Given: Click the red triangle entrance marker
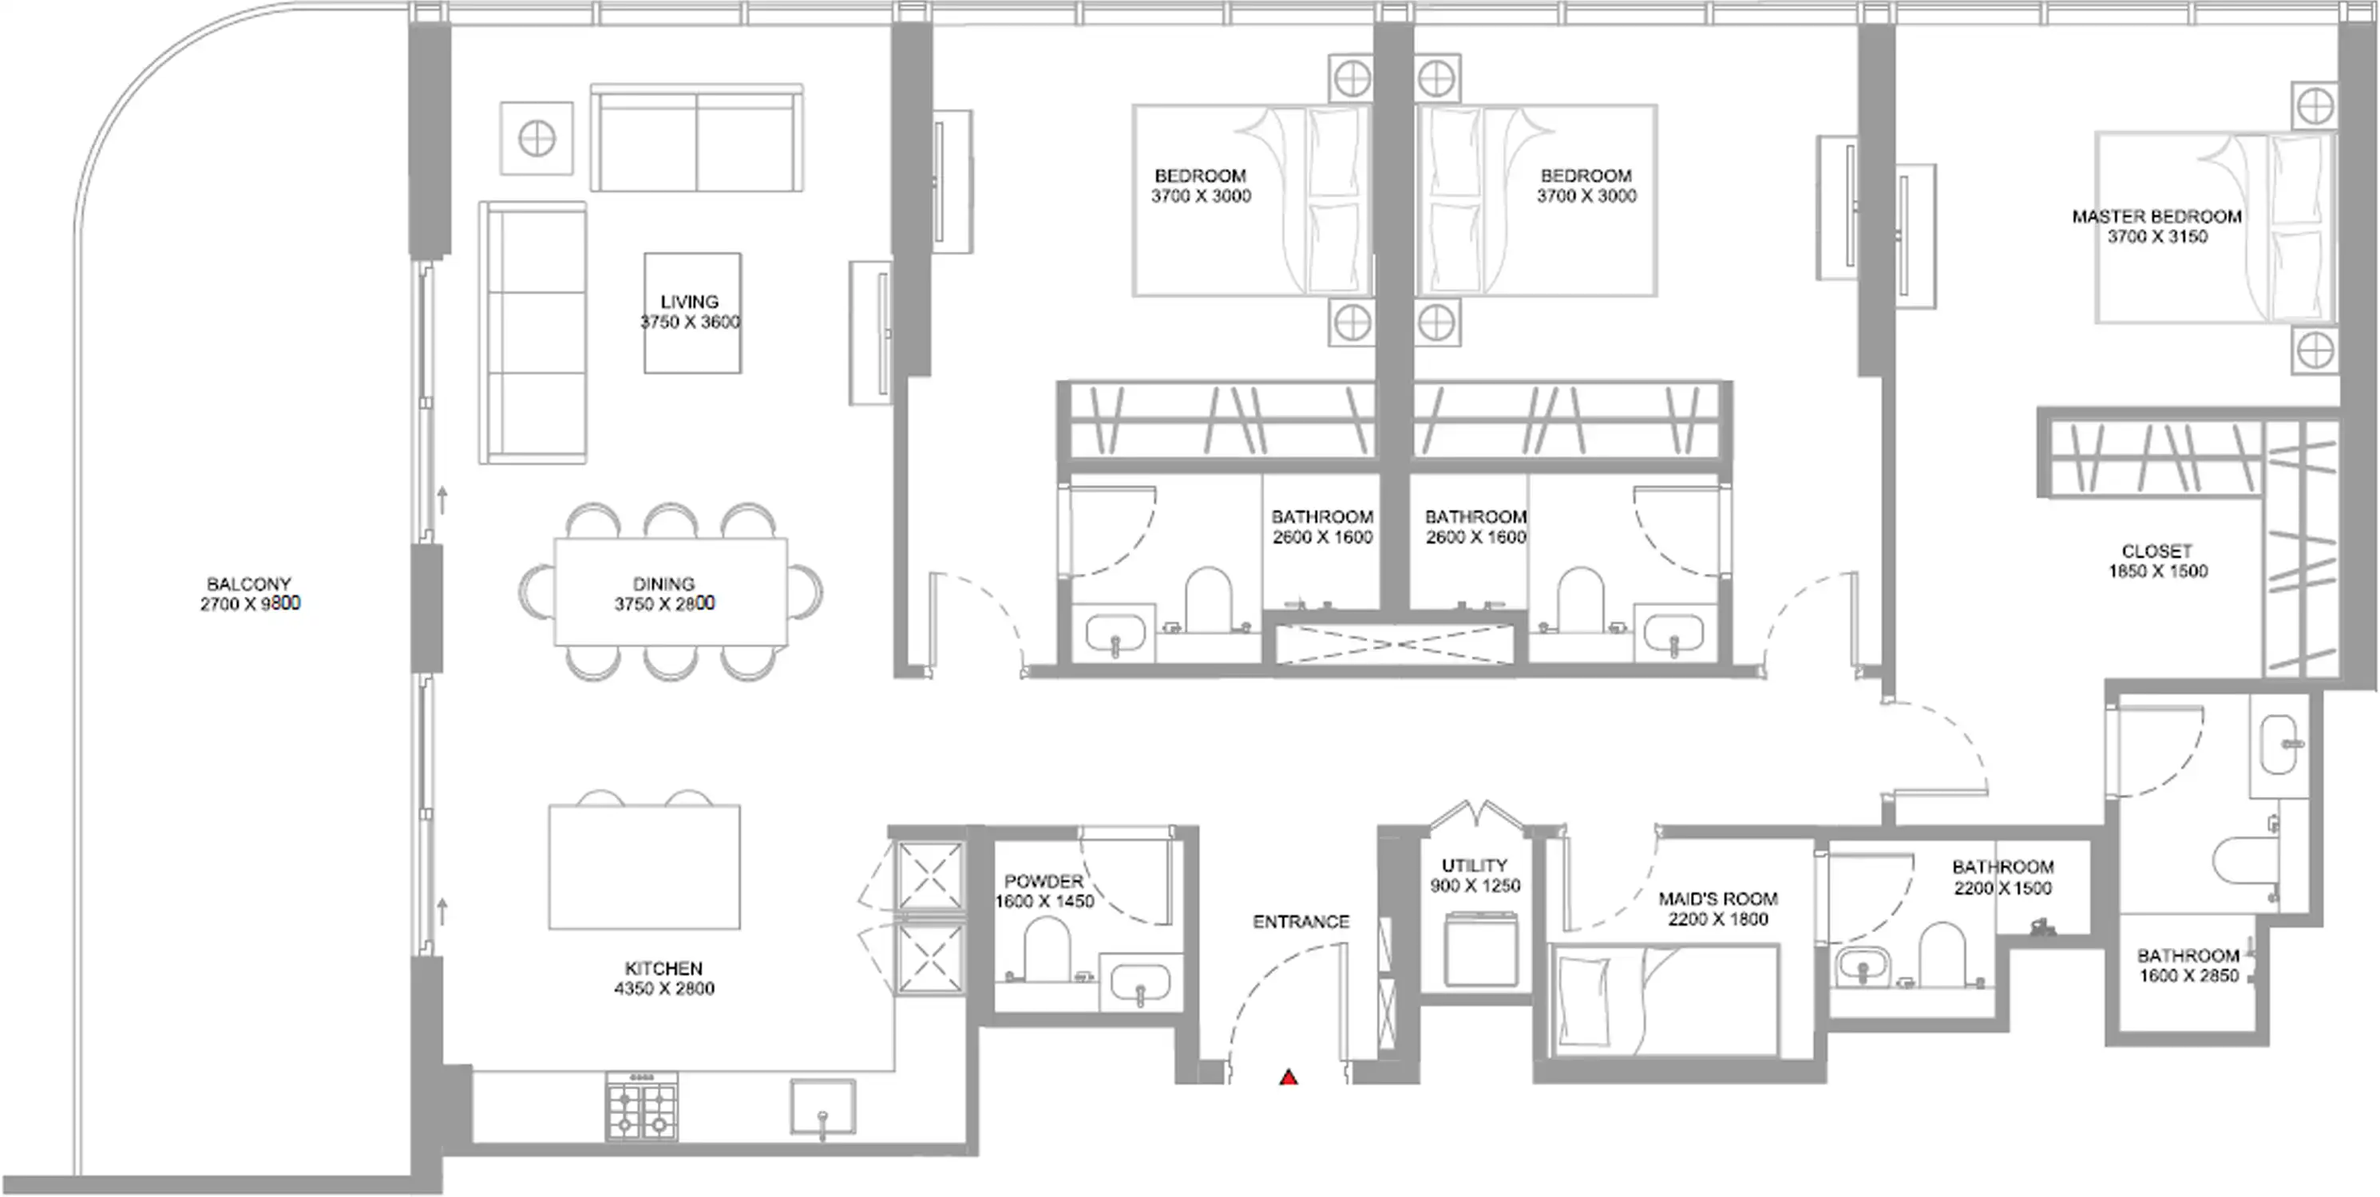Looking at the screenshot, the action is [x=1288, y=1077].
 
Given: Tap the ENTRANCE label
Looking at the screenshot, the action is [x=1301, y=922].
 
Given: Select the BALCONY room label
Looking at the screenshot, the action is [x=248, y=583].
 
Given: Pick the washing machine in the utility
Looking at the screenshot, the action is [x=1481, y=949].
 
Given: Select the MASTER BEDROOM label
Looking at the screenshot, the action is [x=2156, y=216].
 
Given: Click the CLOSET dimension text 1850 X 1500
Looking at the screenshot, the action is [x=2157, y=571].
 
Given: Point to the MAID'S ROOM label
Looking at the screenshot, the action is [x=1717, y=899].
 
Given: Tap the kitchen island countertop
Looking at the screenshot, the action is [x=644, y=867].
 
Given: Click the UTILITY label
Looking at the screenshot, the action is [x=1474, y=865].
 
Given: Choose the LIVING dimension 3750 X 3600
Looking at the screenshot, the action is [x=690, y=322].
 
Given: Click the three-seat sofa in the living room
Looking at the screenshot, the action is [x=533, y=333].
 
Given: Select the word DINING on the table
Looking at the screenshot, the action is [x=663, y=583].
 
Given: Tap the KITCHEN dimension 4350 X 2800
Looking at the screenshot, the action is [x=663, y=988].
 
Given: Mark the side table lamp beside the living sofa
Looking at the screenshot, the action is [x=537, y=139].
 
